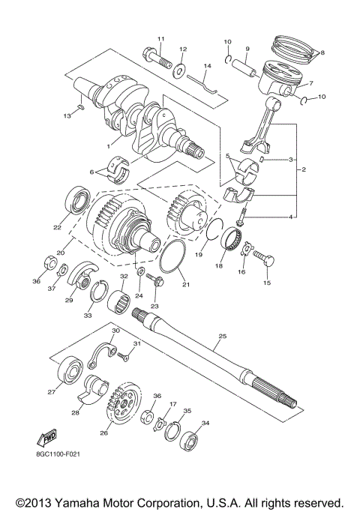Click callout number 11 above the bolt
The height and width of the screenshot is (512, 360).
[x=160, y=38]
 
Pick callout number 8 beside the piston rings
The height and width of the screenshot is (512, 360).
[x=322, y=52]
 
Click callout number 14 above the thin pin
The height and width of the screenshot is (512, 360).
[x=208, y=66]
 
